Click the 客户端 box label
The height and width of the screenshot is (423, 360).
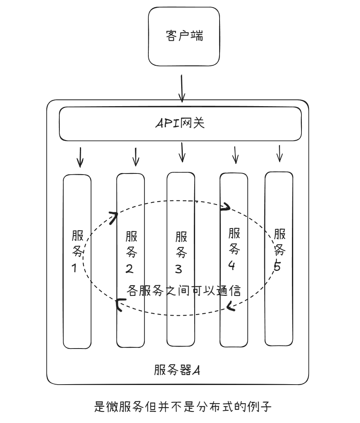coord(184,36)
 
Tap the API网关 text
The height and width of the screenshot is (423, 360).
coord(180,123)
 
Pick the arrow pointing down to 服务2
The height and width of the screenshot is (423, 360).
coord(136,157)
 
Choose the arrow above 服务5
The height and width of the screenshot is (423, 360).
coord(280,153)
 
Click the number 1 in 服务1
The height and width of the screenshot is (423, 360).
coord(74,269)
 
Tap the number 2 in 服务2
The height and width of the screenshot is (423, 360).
coord(129,269)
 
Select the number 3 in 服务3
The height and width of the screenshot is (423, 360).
coord(178,269)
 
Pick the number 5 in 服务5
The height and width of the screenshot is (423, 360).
coord(277,267)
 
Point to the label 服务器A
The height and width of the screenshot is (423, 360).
coord(178,370)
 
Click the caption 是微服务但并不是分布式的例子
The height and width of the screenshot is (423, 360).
coord(183,407)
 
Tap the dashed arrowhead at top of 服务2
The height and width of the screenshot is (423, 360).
coord(114,217)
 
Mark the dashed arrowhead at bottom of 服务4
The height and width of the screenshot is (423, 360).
coord(231,306)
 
